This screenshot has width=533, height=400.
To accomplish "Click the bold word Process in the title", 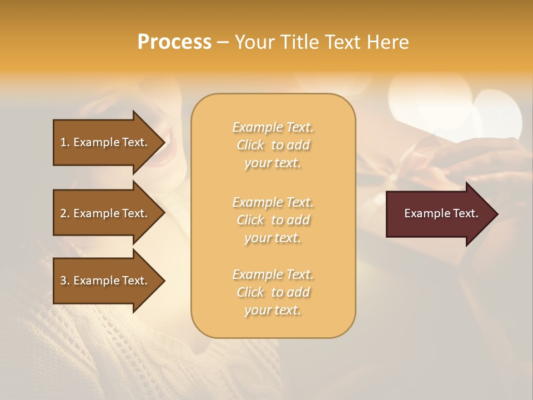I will (x=174, y=42).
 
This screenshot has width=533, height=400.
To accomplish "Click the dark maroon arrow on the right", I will (x=439, y=213).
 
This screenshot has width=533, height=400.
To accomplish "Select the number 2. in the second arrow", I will (x=65, y=213).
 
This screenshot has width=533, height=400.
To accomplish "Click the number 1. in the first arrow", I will (x=65, y=142).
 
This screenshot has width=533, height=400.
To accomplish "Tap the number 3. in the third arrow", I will (x=65, y=281).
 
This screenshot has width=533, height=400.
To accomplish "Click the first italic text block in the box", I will (x=273, y=145).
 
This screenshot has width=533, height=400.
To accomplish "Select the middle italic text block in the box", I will (x=273, y=220).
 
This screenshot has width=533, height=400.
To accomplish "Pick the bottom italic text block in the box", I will (x=273, y=292).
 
